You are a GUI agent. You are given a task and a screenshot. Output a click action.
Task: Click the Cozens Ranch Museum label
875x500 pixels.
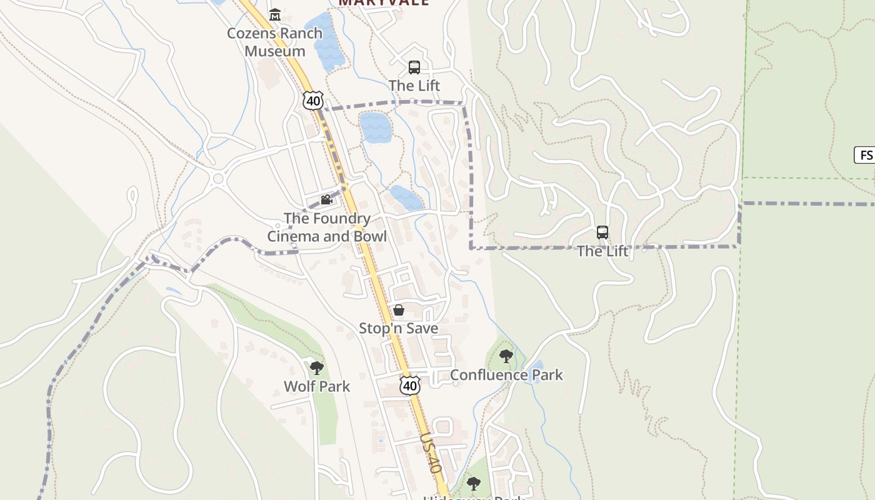point(274,42)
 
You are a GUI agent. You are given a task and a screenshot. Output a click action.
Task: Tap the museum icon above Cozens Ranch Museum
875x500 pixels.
point(274,14)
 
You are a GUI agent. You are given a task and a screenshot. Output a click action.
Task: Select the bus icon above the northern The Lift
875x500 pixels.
point(414,67)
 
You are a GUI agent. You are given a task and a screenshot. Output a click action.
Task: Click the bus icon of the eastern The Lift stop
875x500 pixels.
point(602,232)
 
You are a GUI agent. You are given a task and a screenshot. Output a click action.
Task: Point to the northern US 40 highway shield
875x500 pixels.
point(313,100)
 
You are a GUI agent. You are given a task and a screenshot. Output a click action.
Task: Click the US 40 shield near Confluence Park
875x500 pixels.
point(409,386)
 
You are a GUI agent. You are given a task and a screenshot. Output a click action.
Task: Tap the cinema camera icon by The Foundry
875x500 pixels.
point(326,200)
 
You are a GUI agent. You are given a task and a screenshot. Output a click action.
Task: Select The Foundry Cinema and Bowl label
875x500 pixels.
point(327,227)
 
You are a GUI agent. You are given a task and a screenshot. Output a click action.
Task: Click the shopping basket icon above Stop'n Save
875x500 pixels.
point(398,310)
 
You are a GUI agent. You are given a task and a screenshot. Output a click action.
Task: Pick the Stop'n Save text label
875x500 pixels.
point(398,328)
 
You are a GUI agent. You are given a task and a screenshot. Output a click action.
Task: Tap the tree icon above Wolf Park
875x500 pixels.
point(317,367)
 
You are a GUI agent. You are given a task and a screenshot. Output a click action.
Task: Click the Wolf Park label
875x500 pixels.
point(317,386)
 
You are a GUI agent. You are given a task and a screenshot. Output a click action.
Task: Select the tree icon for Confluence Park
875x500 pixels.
point(506,356)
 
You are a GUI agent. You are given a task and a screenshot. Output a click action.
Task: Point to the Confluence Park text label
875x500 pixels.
point(506,375)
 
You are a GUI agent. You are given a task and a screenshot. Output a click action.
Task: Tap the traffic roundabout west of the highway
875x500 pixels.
point(218,179)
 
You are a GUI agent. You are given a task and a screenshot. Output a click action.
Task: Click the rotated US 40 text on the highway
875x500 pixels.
point(431,453)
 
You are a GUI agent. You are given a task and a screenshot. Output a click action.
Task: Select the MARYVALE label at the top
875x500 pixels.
point(384,2)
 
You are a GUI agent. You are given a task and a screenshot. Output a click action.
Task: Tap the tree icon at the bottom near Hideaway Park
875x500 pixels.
point(474,483)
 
